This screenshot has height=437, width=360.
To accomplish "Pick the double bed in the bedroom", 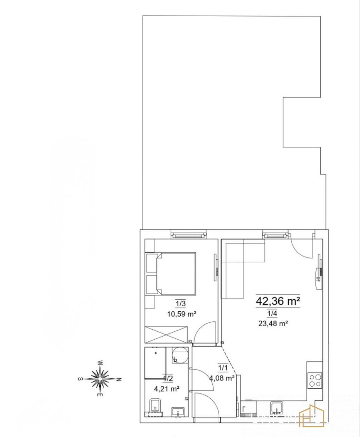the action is pyautogui.click(x=171, y=274).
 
